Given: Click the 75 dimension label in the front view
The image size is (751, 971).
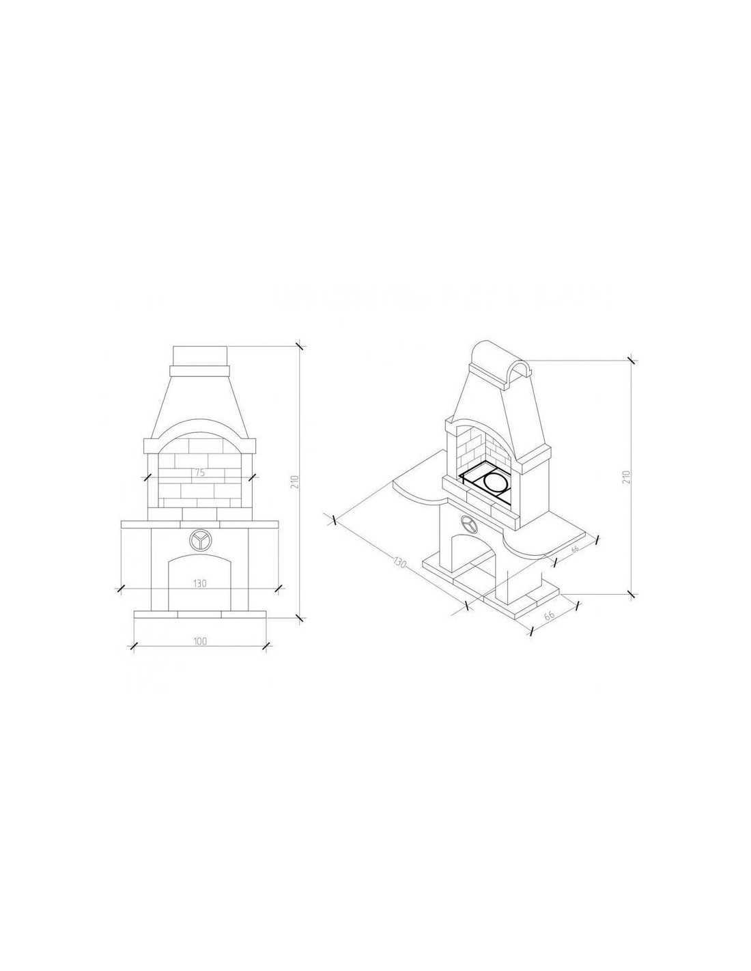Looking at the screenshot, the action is coord(199,473).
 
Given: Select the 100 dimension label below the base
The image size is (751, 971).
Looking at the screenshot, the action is coord(200,641).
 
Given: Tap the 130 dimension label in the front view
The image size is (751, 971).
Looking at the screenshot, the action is coord(200,583).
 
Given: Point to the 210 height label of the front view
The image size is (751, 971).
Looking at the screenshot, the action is coord(294,482).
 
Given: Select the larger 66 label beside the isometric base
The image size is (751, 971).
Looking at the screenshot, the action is coord(549,615).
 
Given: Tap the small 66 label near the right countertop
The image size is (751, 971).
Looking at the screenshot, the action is coord(575,549).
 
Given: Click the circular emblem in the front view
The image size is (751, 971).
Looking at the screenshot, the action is coord(199,540).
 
